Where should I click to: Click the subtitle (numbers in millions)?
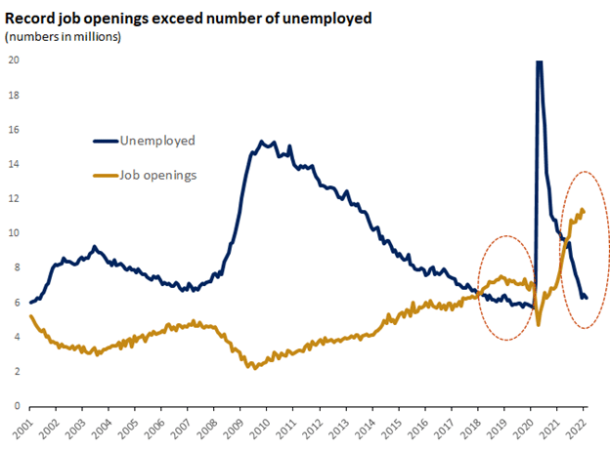click(64, 37)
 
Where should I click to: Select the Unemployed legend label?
click(156, 141)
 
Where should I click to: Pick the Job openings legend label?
click(159, 176)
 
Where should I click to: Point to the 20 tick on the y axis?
click(13, 61)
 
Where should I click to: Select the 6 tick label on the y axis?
click(16, 303)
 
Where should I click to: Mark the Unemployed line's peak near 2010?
click(261, 143)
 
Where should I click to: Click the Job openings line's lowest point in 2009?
click(254, 368)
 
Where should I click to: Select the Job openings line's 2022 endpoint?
click(584, 211)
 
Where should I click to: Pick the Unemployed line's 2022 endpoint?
click(586, 298)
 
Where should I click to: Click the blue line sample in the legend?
click(105, 141)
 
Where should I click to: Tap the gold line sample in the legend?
click(105, 176)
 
